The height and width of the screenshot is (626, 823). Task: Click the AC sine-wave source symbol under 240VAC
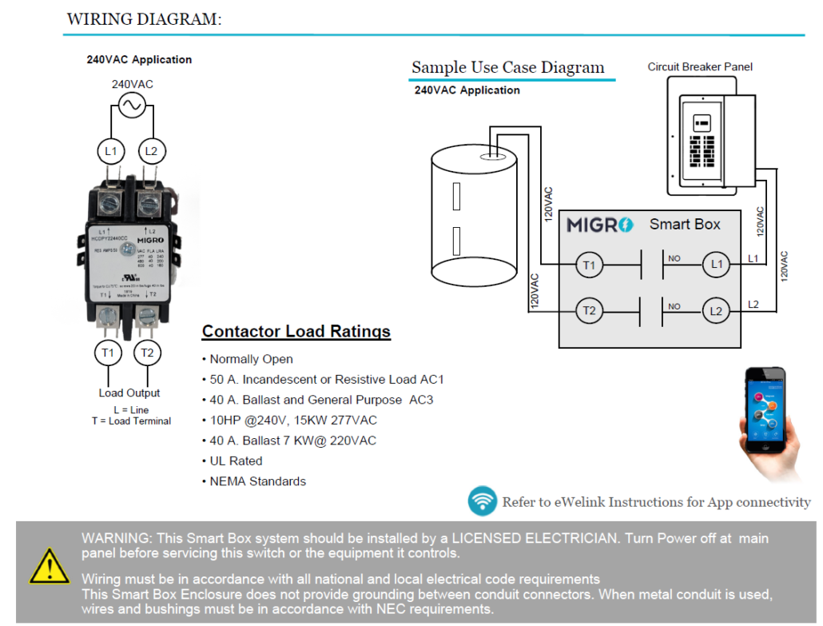pos(130,105)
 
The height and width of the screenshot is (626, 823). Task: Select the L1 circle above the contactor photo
pos(110,150)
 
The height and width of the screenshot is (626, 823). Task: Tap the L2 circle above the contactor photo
pos(151,150)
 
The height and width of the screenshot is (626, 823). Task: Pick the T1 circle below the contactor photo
pos(108,352)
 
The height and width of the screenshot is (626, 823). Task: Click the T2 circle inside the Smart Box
pos(589,310)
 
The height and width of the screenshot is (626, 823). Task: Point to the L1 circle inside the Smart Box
pos(716,264)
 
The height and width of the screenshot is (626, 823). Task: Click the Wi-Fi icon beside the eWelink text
pos(482,502)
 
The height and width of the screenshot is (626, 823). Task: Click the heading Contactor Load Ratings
pos(296,331)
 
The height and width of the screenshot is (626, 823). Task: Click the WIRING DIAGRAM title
pos(144,19)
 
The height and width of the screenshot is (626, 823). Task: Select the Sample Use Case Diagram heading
pos(507,67)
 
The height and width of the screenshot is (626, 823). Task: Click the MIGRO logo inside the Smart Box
pos(600,225)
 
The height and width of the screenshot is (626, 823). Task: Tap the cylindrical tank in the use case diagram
pos(475,213)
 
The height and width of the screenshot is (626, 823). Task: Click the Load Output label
pos(129,393)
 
